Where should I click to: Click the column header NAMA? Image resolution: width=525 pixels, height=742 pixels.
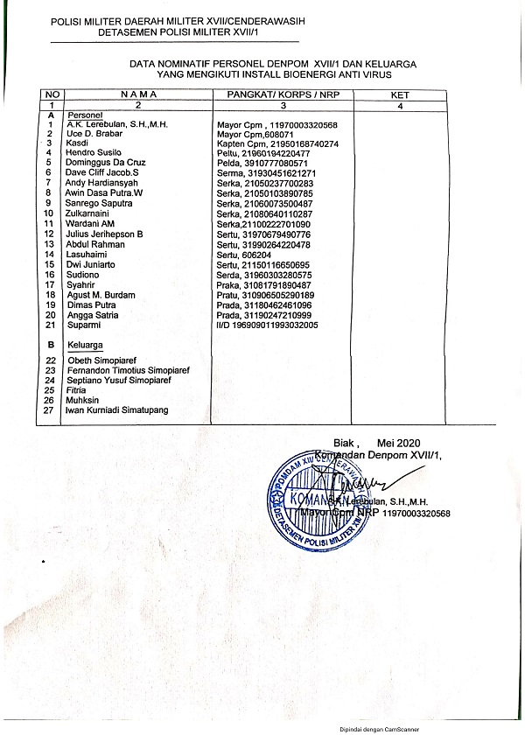click(x=136, y=93)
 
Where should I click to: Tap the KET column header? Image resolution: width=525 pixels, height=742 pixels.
click(x=400, y=93)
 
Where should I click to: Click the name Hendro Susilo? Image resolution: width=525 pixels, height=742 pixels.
click(x=93, y=153)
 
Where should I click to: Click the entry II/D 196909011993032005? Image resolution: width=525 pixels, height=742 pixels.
click(x=267, y=325)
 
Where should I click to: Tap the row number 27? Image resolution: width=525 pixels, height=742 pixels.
click(x=51, y=409)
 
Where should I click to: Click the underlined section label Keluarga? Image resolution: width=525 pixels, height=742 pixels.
click(x=86, y=346)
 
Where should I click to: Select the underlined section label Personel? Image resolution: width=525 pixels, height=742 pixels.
click(x=86, y=115)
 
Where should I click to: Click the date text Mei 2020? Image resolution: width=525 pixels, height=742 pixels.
click(x=401, y=443)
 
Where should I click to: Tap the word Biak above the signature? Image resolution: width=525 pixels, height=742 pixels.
click(x=345, y=443)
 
